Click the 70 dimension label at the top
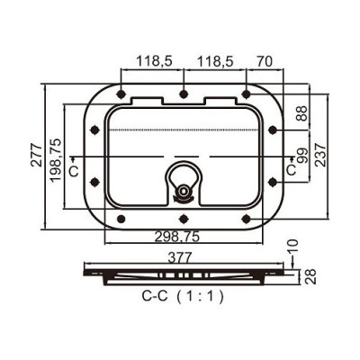pyautogui.click(x=265, y=61)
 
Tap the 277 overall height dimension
pyautogui.click(x=37, y=155)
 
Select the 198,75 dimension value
pyautogui.click(x=56, y=160)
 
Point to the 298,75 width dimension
pyautogui.click(x=177, y=237)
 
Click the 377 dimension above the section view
pyautogui.click(x=180, y=257)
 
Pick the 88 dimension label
pyautogui.click(x=301, y=113)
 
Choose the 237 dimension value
pyautogui.click(x=320, y=155)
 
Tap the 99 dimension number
pyautogui.click(x=302, y=156)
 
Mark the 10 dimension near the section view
pyautogui.click(x=292, y=247)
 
